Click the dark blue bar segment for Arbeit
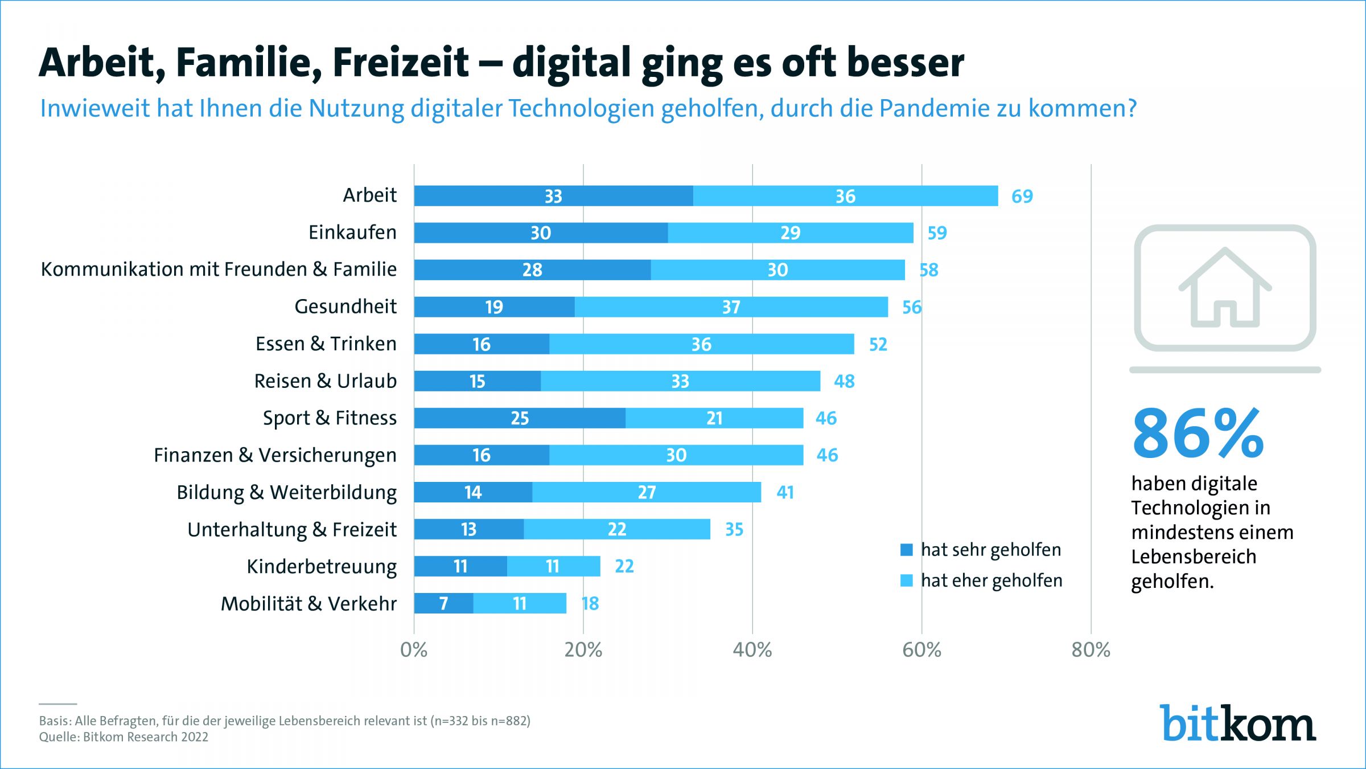[553, 196]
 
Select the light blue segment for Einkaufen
[790, 233]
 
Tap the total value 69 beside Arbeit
[1022, 197]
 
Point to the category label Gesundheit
[345, 306]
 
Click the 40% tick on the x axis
[752, 650]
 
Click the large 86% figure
[1198, 434]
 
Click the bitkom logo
[1237, 723]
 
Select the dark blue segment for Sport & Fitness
[520, 418]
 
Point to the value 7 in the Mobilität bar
[444, 604]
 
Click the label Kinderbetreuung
[322, 567]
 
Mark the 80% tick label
[1091, 650]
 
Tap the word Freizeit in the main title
[401, 63]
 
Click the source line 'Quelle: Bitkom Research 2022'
[124, 737]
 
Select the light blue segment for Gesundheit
[731, 307]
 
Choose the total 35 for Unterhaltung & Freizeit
[734, 530]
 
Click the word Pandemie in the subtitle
[934, 108]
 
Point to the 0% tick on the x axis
[414, 650]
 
